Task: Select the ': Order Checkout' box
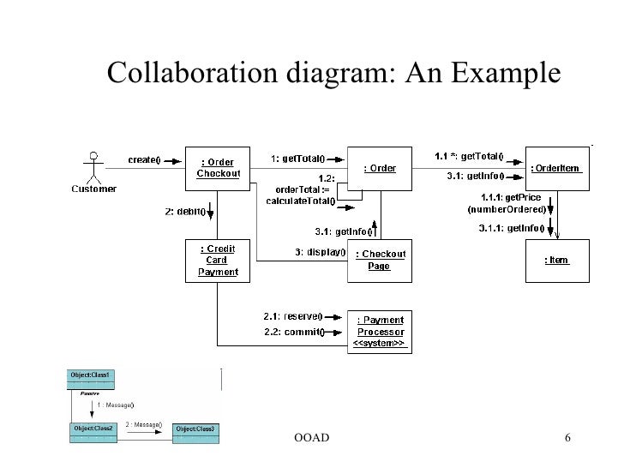219,168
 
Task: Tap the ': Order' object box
380,168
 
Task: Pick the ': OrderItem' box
557,168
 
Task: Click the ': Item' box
557,260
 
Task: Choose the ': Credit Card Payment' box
218,261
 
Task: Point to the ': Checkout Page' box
379,260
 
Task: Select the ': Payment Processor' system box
379,331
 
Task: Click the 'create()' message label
146,159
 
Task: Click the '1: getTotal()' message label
297,158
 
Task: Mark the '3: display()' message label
318,252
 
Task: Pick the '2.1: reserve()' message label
291,317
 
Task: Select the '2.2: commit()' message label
290,332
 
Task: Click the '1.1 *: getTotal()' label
468,156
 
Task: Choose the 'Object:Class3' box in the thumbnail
195,429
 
